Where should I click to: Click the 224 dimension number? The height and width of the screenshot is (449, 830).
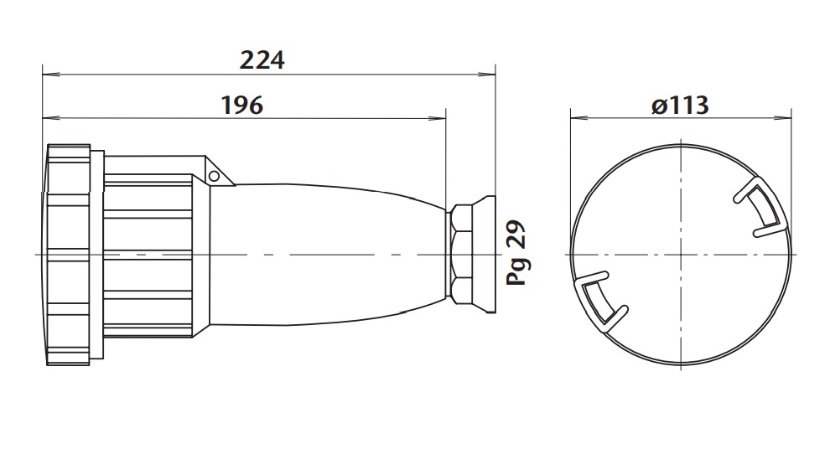(262, 60)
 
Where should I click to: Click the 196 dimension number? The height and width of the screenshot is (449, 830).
(241, 106)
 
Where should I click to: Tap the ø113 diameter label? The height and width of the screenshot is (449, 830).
(679, 106)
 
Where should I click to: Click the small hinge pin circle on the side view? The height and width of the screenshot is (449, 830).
(215, 176)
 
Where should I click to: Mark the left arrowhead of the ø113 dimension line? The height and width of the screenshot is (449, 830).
(576, 118)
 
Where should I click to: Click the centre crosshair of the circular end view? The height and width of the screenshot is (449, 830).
(682, 253)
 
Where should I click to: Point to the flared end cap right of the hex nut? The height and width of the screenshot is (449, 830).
(485, 253)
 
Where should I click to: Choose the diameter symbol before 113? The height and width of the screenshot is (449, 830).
(658, 106)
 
